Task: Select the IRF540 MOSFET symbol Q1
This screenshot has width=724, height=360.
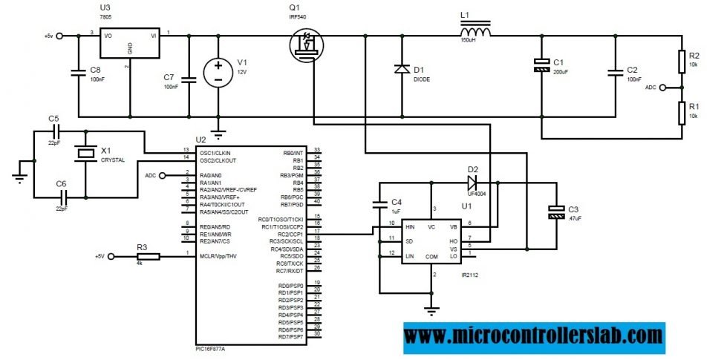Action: pyautogui.click(x=305, y=45)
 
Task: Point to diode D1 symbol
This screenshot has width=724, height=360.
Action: pyautogui.click(x=402, y=69)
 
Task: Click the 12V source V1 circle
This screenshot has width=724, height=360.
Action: pyautogui.click(x=218, y=73)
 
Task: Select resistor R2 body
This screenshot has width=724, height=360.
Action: pyautogui.click(x=682, y=62)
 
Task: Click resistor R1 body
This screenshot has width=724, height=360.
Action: pyautogui.click(x=682, y=112)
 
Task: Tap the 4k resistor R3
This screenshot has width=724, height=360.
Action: pyautogui.click(x=148, y=256)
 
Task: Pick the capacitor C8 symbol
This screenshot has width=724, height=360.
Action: pyautogui.click(x=78, y=72)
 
